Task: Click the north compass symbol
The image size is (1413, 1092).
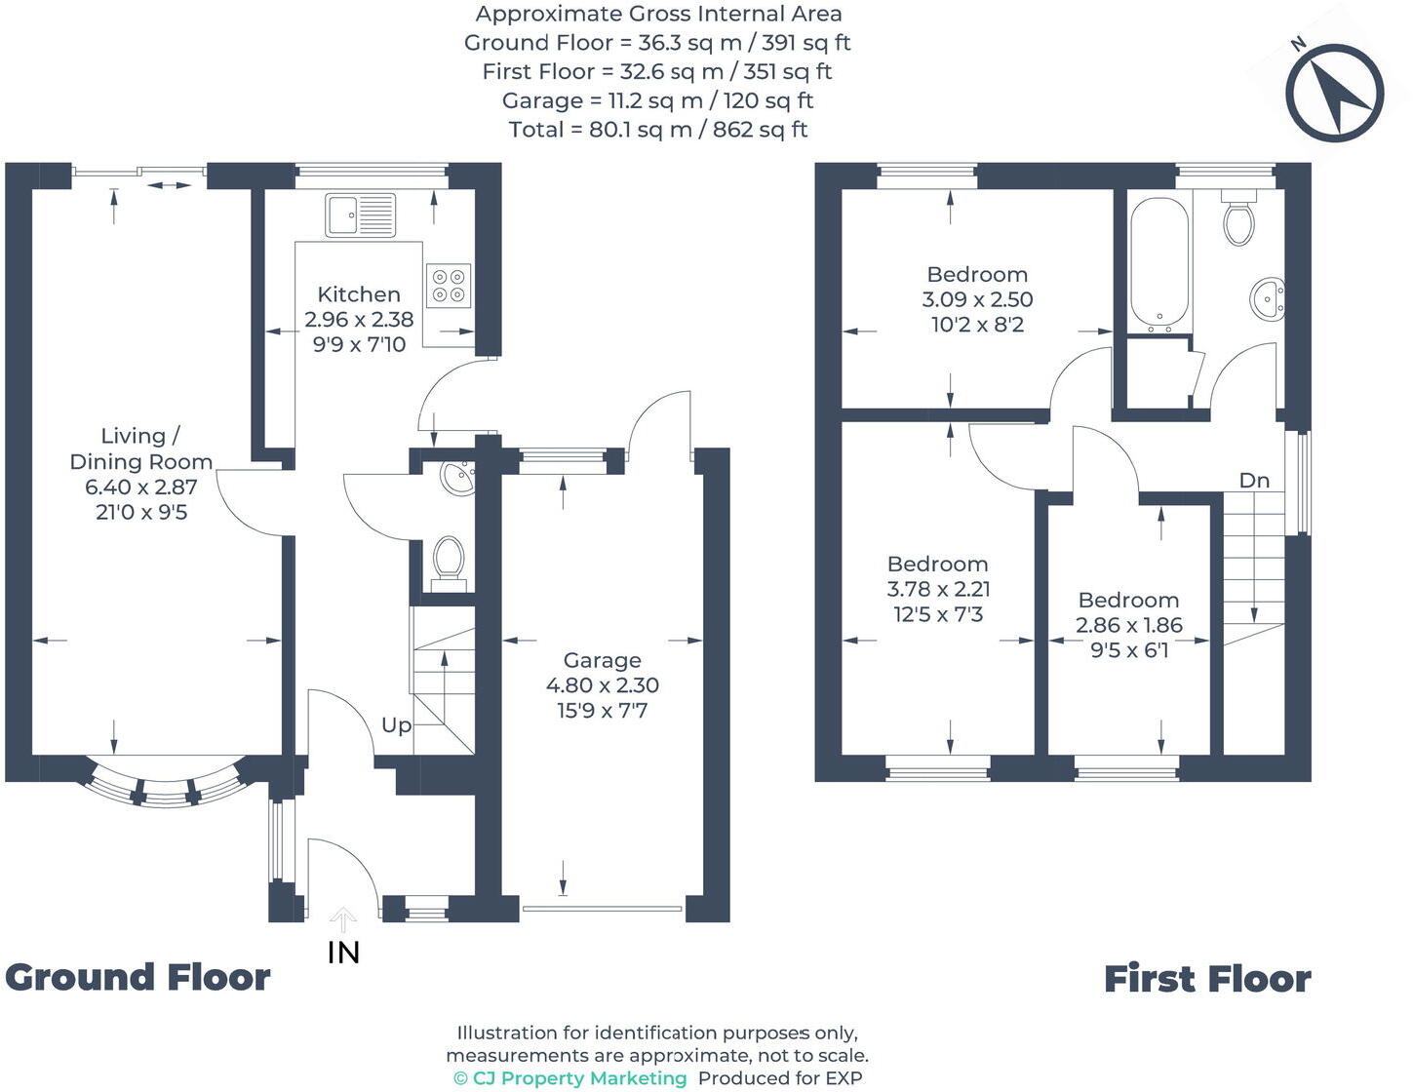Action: click(x=1334, y=93)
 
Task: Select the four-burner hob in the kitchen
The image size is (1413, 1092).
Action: click(x=448, y=286)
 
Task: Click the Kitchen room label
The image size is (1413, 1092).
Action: click(x=359, y=294)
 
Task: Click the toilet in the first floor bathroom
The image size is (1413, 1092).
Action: click(x=1239, y=221)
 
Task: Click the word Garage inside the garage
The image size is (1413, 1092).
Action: click(x=602, y=661)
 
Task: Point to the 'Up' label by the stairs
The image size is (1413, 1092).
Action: click(x=396, y=725)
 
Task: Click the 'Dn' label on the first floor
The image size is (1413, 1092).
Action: click(x=1254, y=481)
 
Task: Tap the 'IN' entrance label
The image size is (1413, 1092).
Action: click(x=343, y=953)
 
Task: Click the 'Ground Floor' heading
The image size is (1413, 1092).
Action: click(x=137, y=977)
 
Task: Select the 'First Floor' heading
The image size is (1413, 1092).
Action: click(x=1206, y=979)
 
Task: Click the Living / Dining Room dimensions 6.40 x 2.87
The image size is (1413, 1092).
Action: click(x=141, y=487)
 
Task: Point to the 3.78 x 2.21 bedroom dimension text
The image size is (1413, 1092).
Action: click(x=938, y=589)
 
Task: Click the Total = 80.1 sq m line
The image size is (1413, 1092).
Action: click(x=658, y=130)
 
